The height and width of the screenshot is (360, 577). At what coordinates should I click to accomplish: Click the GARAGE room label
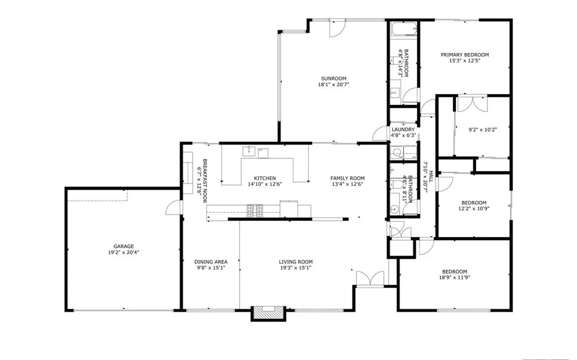coord(123,246)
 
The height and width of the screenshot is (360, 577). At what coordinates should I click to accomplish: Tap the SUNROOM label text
coord(334,78)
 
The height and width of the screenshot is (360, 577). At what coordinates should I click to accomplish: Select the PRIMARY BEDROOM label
coord(465,55)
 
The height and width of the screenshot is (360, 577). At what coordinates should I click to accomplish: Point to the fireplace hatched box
coord(268,313)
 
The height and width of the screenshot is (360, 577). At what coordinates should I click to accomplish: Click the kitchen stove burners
coord(255,211)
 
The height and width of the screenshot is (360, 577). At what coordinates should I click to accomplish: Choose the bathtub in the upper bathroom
coord(403,29)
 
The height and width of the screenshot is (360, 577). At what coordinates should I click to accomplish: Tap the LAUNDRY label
coord(403,130)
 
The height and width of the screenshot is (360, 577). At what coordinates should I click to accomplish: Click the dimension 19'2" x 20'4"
coord(123,252)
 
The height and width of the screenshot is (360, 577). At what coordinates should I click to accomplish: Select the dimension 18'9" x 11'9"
coord(455,278)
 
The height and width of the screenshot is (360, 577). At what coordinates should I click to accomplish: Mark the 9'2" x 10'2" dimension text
coord(482,130)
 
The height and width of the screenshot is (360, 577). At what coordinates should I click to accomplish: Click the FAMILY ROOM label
coord(347,178)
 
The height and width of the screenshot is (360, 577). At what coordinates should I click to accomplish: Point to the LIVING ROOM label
coord(295,262)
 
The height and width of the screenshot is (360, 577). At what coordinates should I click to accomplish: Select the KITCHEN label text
coord(265,178)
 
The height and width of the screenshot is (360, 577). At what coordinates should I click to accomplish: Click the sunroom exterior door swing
coord(337,29)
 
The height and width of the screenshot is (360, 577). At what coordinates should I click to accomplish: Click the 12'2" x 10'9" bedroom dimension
coord(474,208)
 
